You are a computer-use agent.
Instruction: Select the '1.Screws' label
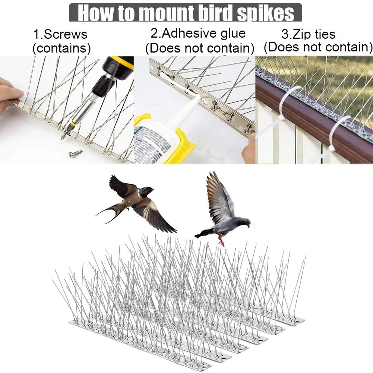(x=60, y=34)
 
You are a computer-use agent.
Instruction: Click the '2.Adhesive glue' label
(x=198, y=33)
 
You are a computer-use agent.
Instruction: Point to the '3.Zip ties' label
(x=309, y=34)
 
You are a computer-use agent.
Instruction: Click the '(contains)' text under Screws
(x=61, y=48)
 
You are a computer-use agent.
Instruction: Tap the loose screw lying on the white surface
(x=75, y=154)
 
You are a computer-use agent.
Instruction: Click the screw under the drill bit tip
(x=64, y=134)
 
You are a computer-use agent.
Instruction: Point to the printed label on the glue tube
(x=152, y=143)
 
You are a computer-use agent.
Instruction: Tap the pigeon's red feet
(x=221, y=239)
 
